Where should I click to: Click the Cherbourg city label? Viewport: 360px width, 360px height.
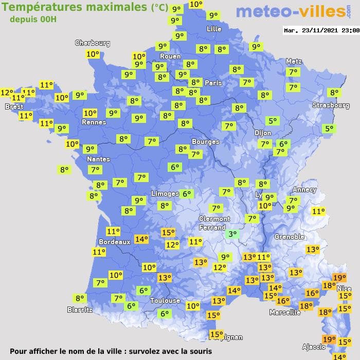click(x=93, y=43)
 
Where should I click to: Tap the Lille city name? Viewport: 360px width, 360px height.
click(x=214, y=29)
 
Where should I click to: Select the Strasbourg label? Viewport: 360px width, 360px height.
click(x=331, y=105)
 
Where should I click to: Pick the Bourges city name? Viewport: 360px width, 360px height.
click(x=205, y=141)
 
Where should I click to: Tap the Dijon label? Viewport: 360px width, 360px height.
click(x=262, y=133)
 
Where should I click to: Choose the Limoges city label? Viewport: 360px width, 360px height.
click(x=165, y=193)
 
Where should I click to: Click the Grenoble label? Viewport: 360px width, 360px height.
click(x=290, y=237)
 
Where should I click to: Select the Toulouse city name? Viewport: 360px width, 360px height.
click(x=165, y=300)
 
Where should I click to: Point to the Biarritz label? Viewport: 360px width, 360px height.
click(x=80, y=310)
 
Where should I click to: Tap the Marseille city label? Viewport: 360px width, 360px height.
click(x=285, y=312)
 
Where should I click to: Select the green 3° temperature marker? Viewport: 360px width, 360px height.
click(x=232, y=234)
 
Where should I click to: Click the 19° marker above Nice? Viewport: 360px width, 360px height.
click(x=339, y=278)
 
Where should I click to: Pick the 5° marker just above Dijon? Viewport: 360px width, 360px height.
click(x=272, y=121)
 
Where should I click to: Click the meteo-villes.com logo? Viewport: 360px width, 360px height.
click(x=290, y=12)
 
